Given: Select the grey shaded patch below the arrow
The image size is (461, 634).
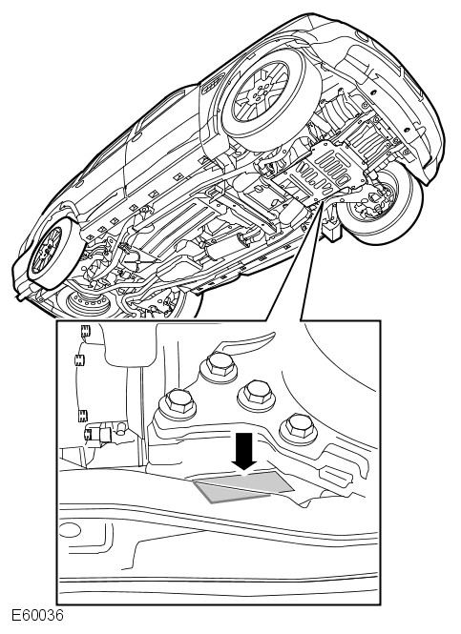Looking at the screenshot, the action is pyautogui.click(x=242, y=486).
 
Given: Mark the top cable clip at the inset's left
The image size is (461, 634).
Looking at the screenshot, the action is pyautogui.click(x=85, y=331).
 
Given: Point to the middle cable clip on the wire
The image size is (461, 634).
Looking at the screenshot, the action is pyautogui.click(x=79, y=359).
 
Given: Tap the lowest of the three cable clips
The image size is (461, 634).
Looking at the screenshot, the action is pyautogui.click(x=83, y=416).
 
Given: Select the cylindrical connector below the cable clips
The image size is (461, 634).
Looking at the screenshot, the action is pyautogui.click(x=103, y=434).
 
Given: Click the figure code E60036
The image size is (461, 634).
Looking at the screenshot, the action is pyautogui.click(x=37, y=616).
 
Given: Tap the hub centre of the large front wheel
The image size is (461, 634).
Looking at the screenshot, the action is pyautogui.click(x=259, y=96).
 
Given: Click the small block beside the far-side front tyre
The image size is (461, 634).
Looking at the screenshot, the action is pyautogui.click(x=332, y=231).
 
